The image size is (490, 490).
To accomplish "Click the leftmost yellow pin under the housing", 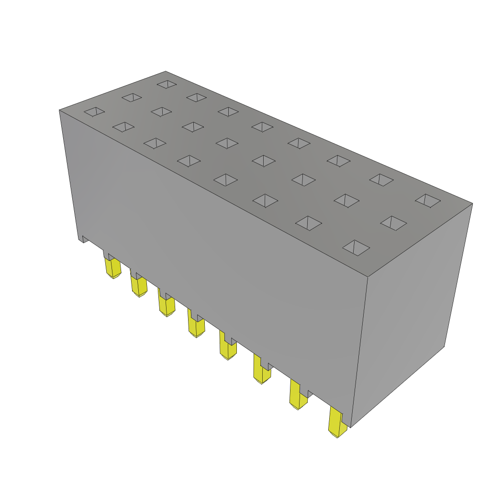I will [113, 267].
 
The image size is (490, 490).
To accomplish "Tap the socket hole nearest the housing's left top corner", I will [94, 111].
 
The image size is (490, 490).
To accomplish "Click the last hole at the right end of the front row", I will [356, 247].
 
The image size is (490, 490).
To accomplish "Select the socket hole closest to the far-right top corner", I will [428, 200].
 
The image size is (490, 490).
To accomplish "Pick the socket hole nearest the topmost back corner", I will [167, 84].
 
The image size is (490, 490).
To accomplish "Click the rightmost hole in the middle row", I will [393, 223].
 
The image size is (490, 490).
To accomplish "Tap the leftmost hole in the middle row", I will [131, 98].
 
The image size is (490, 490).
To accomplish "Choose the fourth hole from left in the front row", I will [189, 161].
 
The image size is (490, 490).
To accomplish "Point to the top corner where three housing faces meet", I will [367, 277].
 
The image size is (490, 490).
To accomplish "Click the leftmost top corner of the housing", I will [60, 111].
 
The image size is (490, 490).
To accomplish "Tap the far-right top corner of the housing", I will [472, 204].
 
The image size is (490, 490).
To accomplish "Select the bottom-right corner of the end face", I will [444, 346].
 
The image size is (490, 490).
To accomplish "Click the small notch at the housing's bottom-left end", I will [84, 239].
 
